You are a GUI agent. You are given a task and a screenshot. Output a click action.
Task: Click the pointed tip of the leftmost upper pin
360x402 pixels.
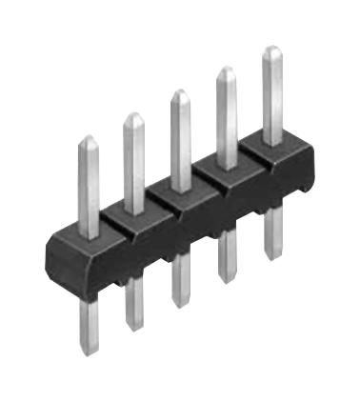click(x=88, y=140)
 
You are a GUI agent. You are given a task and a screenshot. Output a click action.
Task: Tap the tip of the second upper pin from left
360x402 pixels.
click(x=133, y=117)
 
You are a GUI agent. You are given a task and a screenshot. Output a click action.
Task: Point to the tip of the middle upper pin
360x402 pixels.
click(x=179, y=94)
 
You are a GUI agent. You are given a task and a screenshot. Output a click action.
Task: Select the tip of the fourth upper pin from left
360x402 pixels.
click(x=227, y=70)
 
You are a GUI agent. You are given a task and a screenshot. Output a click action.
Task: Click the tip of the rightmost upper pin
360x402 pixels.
click(x=272, y=50)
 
